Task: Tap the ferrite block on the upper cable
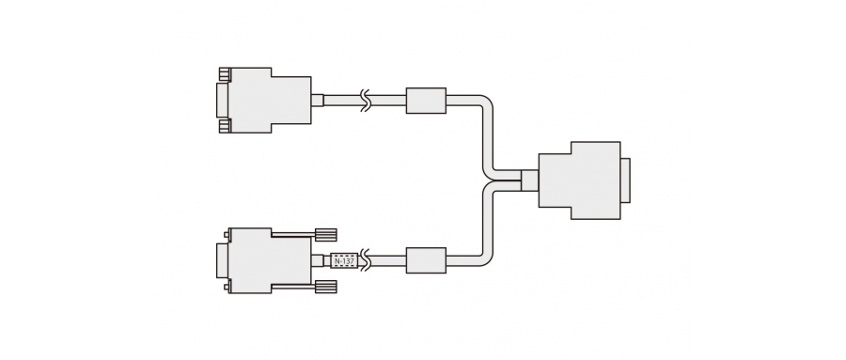tap(426, 100)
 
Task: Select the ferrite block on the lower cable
tap(426, 260)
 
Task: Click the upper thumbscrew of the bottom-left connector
tap(325, 233)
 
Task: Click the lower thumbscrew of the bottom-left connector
tap(325, 287)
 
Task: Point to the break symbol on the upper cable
tap(368, 100)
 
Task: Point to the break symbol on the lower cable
tap(368, 260)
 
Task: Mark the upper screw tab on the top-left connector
tap(224, 74)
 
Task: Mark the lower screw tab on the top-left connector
tap(224, 125)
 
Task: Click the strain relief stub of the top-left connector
tap(317, 100)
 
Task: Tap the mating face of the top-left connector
tap(222, 100)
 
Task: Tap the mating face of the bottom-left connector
tap(222, 260)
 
